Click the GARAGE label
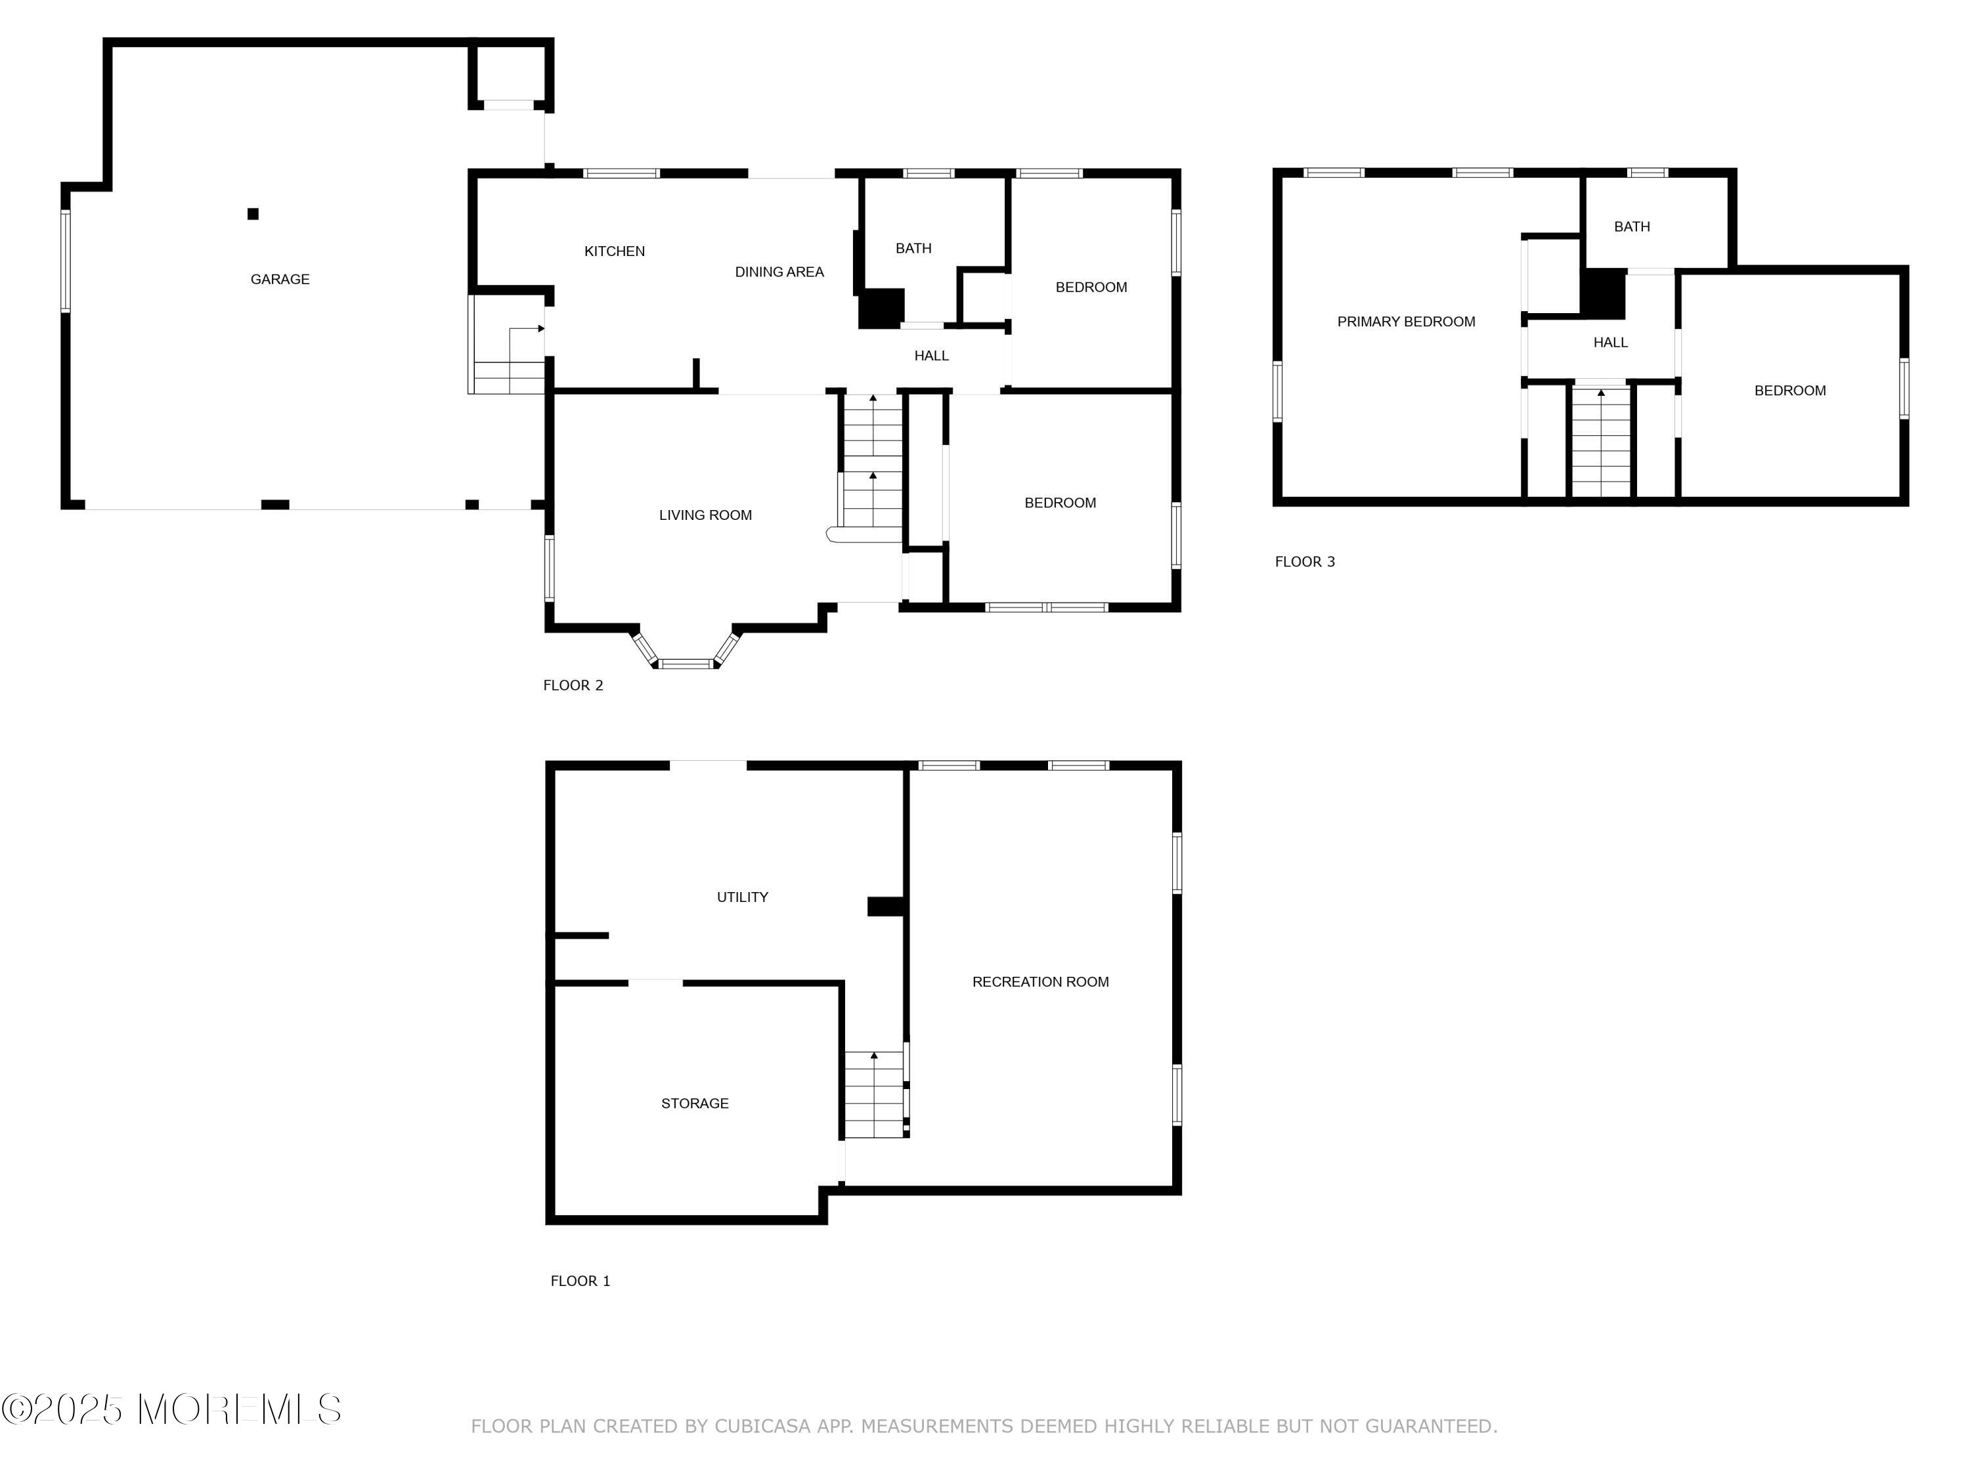pos(280,280)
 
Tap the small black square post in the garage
pos(253,213)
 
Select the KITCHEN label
pos(615,251)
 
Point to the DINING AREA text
pos(779,272)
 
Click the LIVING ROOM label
pos(705,515)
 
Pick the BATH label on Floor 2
pos(914,248)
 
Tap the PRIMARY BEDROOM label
pos(1407,322)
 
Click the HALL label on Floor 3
pos(1610,342)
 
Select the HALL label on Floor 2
pos(932,355)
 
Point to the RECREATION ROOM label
pos(1040,981)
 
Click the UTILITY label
pos(743,897)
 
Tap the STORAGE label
pos(695,1103)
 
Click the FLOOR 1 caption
pos(580,1280)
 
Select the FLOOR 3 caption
pos(1305,561)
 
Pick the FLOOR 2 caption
pos(573,685)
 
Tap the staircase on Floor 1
pos(875,1094)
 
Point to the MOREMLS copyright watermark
pos(171,1409)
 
